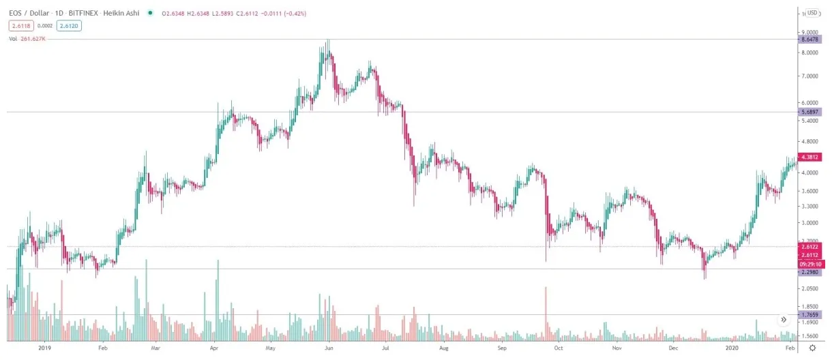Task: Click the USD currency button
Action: tap(812, 12)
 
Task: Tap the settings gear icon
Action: tap(812, 348)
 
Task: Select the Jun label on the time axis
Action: tap(329, 348)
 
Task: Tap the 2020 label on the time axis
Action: tap(731, 348)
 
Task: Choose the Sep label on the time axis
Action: tap(502, 348)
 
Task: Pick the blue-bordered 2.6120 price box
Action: tap(68, 25)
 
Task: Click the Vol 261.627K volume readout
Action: tap(28, 39)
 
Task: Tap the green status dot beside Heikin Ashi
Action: tap(150, 13)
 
